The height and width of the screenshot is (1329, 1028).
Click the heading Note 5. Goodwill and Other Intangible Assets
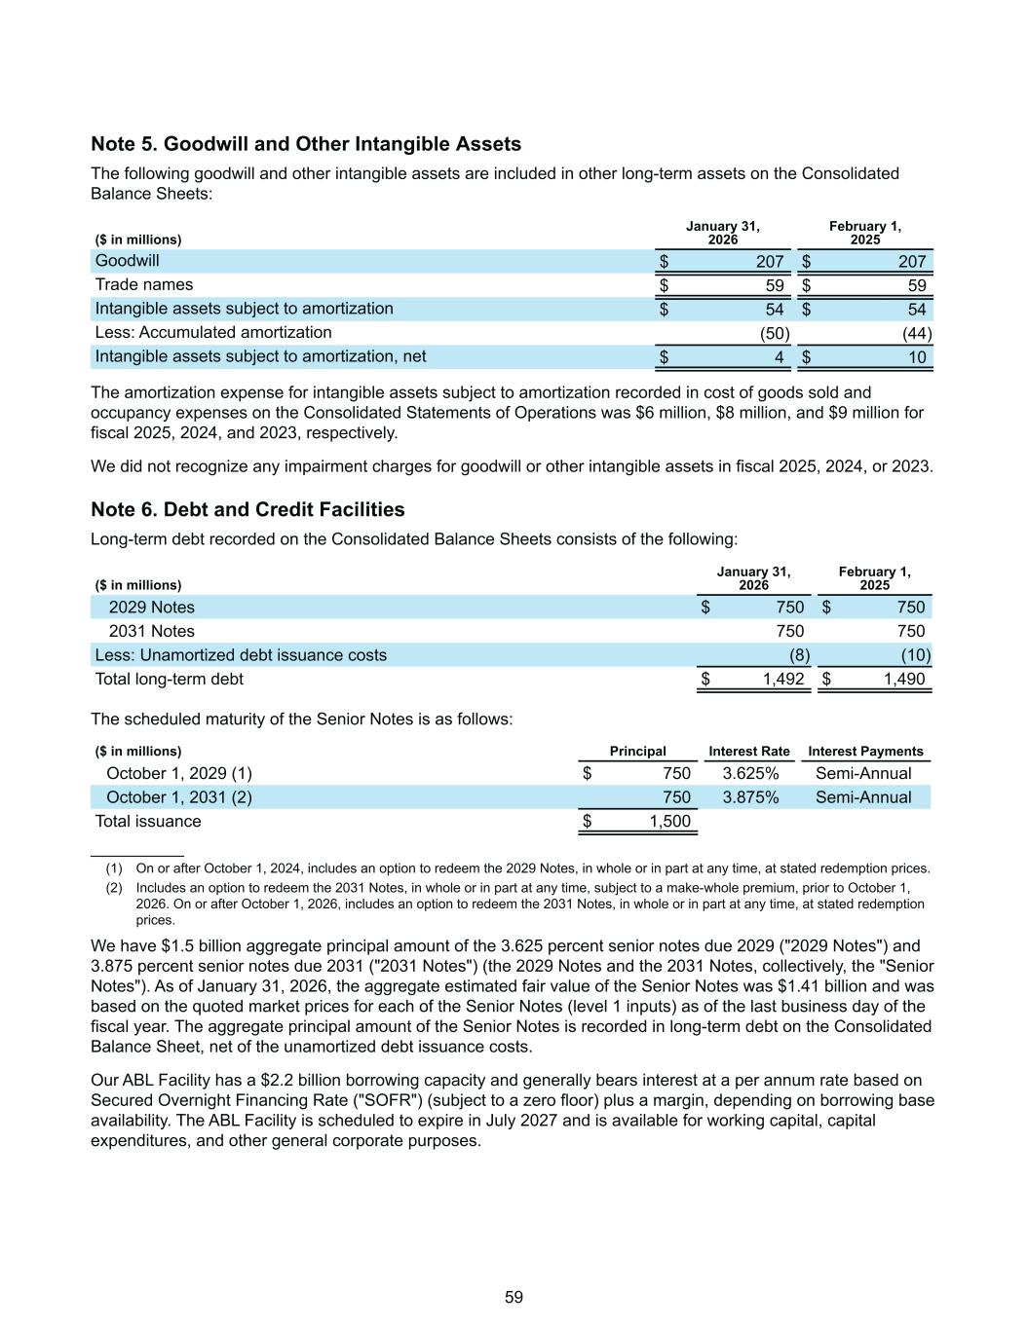click(306, 144)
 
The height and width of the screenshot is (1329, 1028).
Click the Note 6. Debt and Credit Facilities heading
click(247, 509)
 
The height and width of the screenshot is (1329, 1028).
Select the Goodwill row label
click(127, 261)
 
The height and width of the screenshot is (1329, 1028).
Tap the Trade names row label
click(143, 284)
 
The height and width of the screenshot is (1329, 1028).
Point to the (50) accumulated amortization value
click(775, 333)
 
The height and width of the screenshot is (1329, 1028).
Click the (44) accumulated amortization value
click(917, 333)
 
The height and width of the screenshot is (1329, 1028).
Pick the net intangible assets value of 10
click(917, 357)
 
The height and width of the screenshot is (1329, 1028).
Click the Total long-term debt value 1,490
click(904, 679)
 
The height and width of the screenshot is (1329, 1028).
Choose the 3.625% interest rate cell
click(750, 773)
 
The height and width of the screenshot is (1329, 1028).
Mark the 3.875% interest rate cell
click(750, 797)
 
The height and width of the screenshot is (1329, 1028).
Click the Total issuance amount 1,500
click(669, 821)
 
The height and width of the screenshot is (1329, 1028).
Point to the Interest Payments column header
click(865, 752)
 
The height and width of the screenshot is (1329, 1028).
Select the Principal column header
click(637, 752)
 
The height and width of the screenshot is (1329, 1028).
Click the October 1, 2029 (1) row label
click(178, 773)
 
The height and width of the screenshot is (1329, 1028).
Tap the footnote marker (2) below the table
click(114, 888)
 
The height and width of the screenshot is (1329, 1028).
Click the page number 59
click(514, 1297)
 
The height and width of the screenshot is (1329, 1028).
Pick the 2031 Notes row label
click(151, 631)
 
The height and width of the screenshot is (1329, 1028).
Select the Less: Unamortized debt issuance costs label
click(240, 655)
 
